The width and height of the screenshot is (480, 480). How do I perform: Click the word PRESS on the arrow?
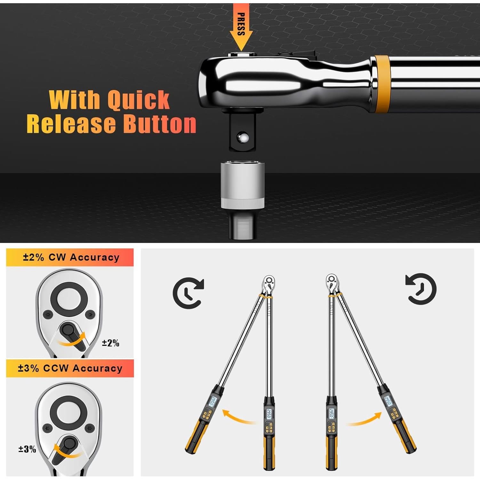click(241, 24)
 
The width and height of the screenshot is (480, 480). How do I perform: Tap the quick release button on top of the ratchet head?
click(242, 54)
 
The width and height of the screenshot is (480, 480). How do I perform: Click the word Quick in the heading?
click(138, 100)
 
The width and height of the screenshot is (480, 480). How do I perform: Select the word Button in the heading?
click(160, 124)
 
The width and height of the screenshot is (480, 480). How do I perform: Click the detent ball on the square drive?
click(242, 138)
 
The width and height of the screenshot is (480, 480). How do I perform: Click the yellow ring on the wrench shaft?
click(382, 84)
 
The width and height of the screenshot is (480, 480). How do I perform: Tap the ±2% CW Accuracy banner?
click(70, 257)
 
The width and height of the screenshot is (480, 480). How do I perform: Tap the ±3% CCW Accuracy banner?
click(70, 368)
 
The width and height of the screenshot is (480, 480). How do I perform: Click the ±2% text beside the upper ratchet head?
click(110, 343)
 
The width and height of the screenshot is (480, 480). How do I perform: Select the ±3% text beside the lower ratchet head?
click(27, 449)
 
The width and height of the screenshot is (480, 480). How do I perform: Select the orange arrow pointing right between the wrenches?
click(365, 419)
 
